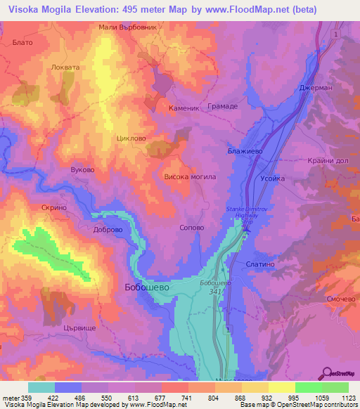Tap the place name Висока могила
click(189, 177)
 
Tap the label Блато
click(23, 42)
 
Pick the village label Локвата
click(67, 67)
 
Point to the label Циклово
click(131, 138)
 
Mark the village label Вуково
click(82, 170)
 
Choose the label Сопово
click(192, 228)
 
